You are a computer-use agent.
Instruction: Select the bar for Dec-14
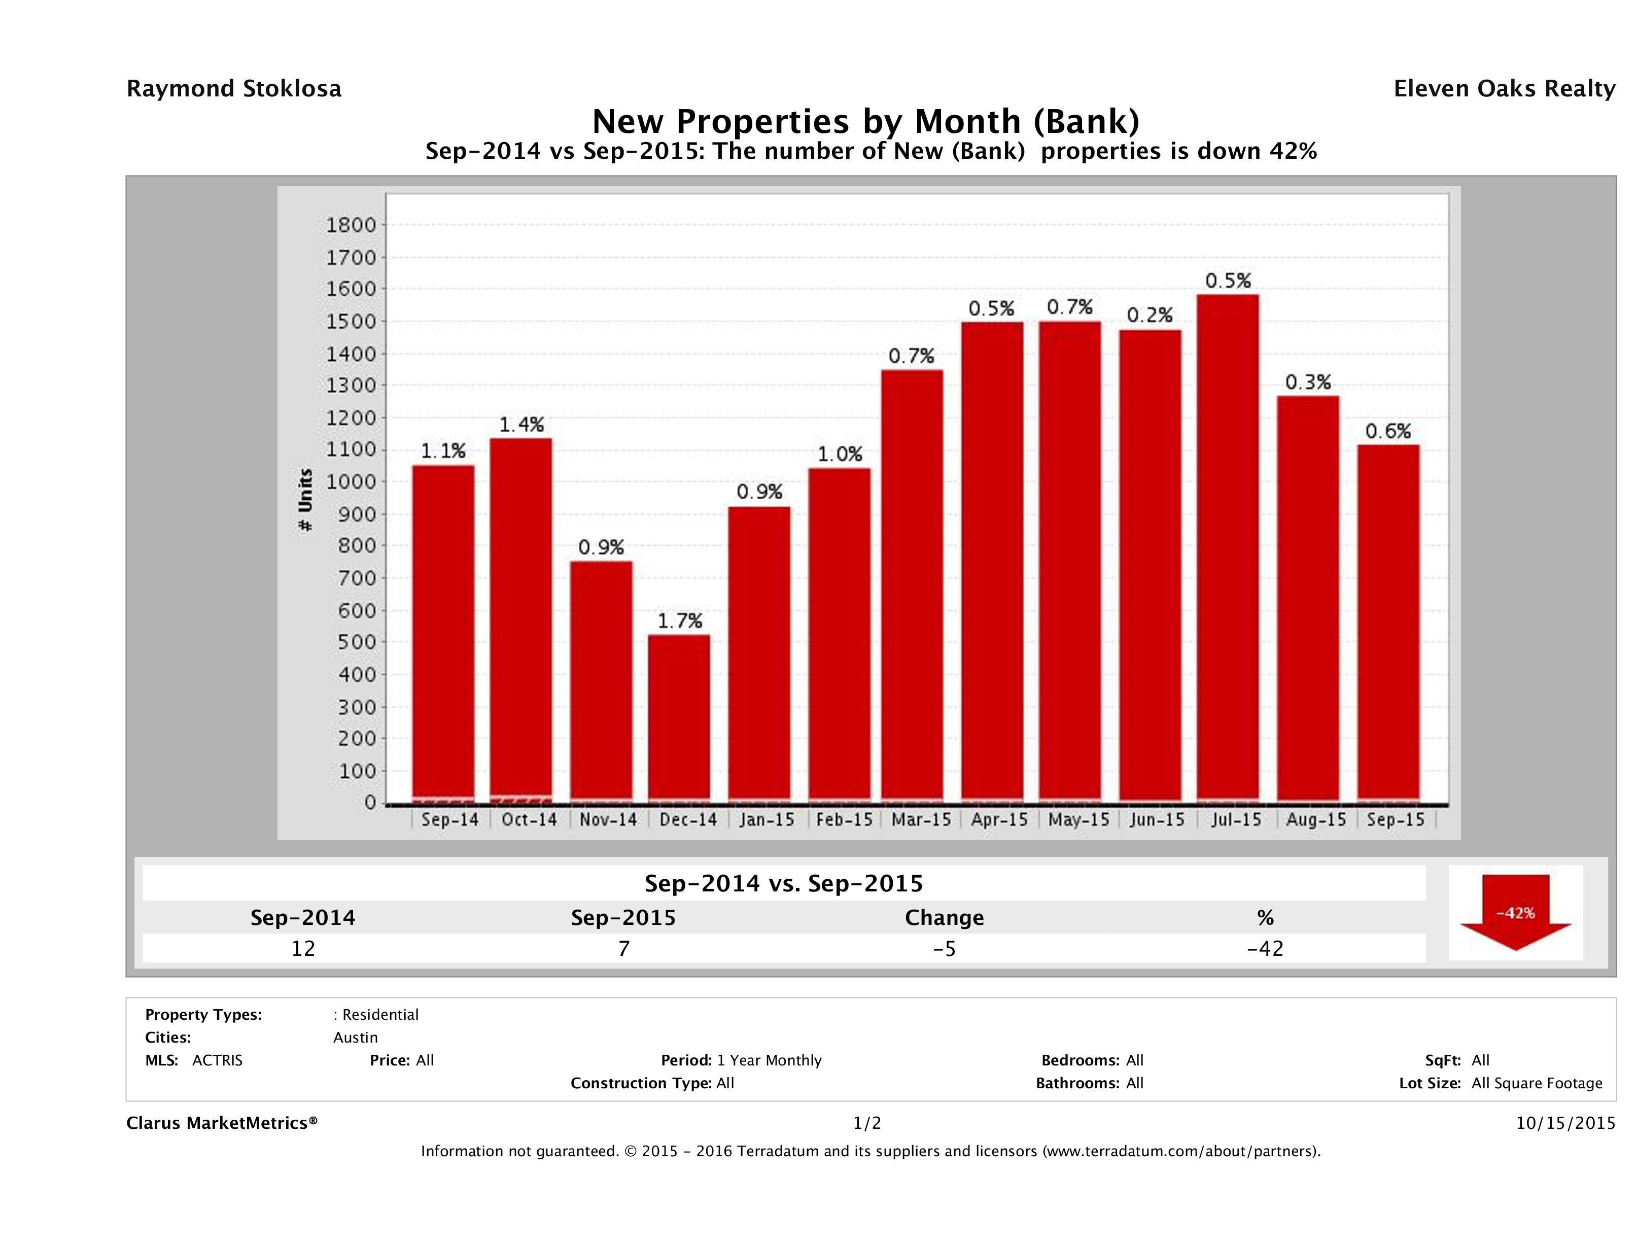tap(679, 718)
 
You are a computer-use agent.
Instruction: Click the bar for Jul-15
tap(1227, 548)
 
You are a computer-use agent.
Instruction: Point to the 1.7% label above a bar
tap(679, 620)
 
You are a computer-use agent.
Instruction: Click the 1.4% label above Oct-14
tap(521, 424)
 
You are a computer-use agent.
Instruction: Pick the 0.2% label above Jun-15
tap(1150, 315)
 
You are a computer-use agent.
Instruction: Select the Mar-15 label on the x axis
tap(921, 819)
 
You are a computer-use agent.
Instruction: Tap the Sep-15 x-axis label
tap(1395, 819)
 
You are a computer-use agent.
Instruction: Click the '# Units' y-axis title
tap(305, 500)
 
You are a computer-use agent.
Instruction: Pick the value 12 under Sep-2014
tap(303, 948)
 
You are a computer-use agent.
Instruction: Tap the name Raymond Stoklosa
tap(234, 89)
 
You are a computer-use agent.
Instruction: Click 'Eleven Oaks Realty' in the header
tap(1504, 89)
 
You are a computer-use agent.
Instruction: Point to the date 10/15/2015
tap(1565, 1123)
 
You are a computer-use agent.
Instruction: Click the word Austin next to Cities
tap(355, 1038)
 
